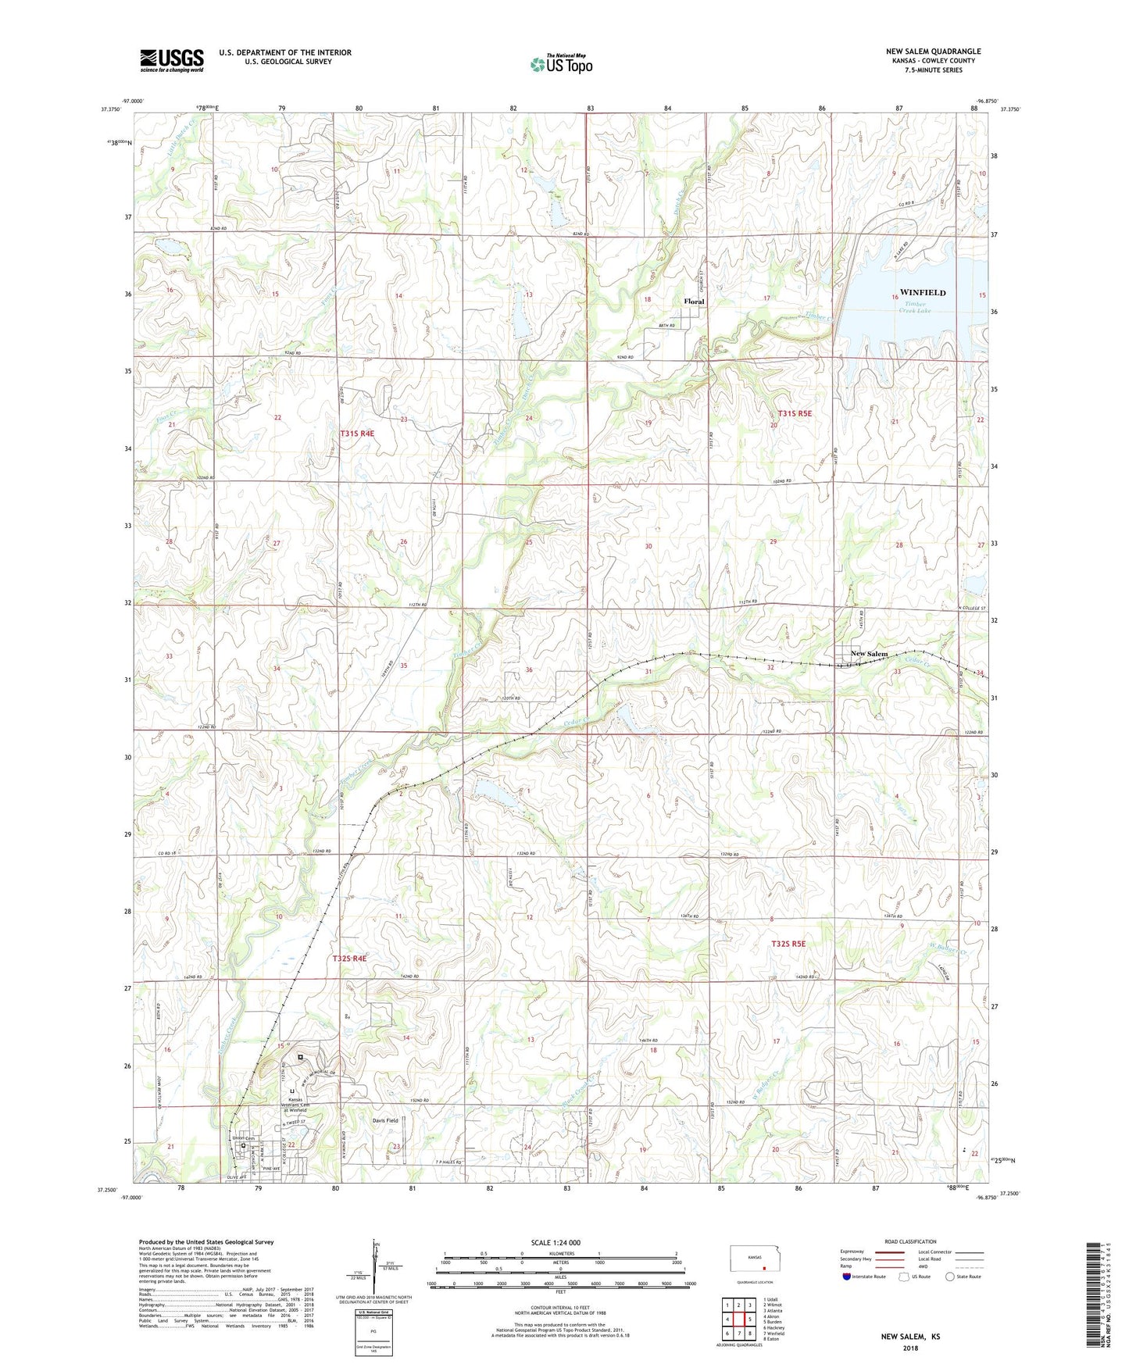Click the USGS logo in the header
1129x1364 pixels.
172,60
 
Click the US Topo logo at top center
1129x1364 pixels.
561,63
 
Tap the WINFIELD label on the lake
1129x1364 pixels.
922,293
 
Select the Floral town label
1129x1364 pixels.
693,302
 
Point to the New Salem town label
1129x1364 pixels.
868,654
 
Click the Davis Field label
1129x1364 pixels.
385,1120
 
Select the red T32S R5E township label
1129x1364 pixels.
788,944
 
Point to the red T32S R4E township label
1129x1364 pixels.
348,958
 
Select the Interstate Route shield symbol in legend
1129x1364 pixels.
848,1277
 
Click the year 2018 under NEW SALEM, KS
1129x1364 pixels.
910,1348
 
